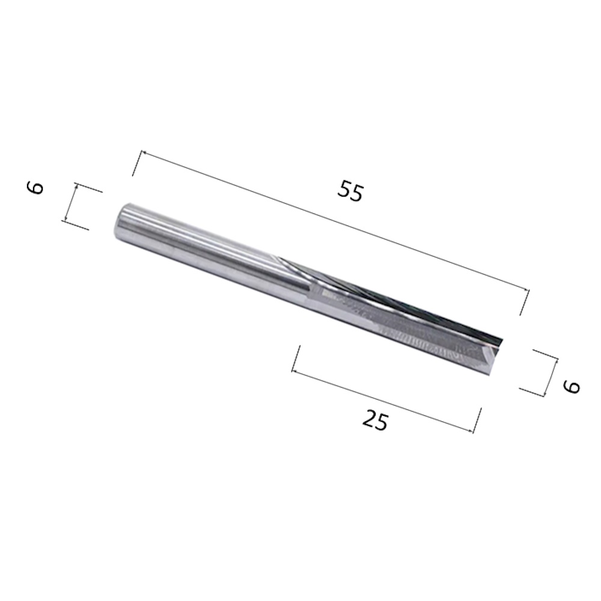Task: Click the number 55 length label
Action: (351, 192)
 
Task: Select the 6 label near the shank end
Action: (36, 188)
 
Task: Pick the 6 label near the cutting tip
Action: (572, 385)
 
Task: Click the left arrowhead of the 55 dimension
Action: (142, 153)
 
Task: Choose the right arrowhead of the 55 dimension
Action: (525, 291)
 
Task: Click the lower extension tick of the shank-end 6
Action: (76, 225)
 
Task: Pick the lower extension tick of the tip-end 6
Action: (531, 391)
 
